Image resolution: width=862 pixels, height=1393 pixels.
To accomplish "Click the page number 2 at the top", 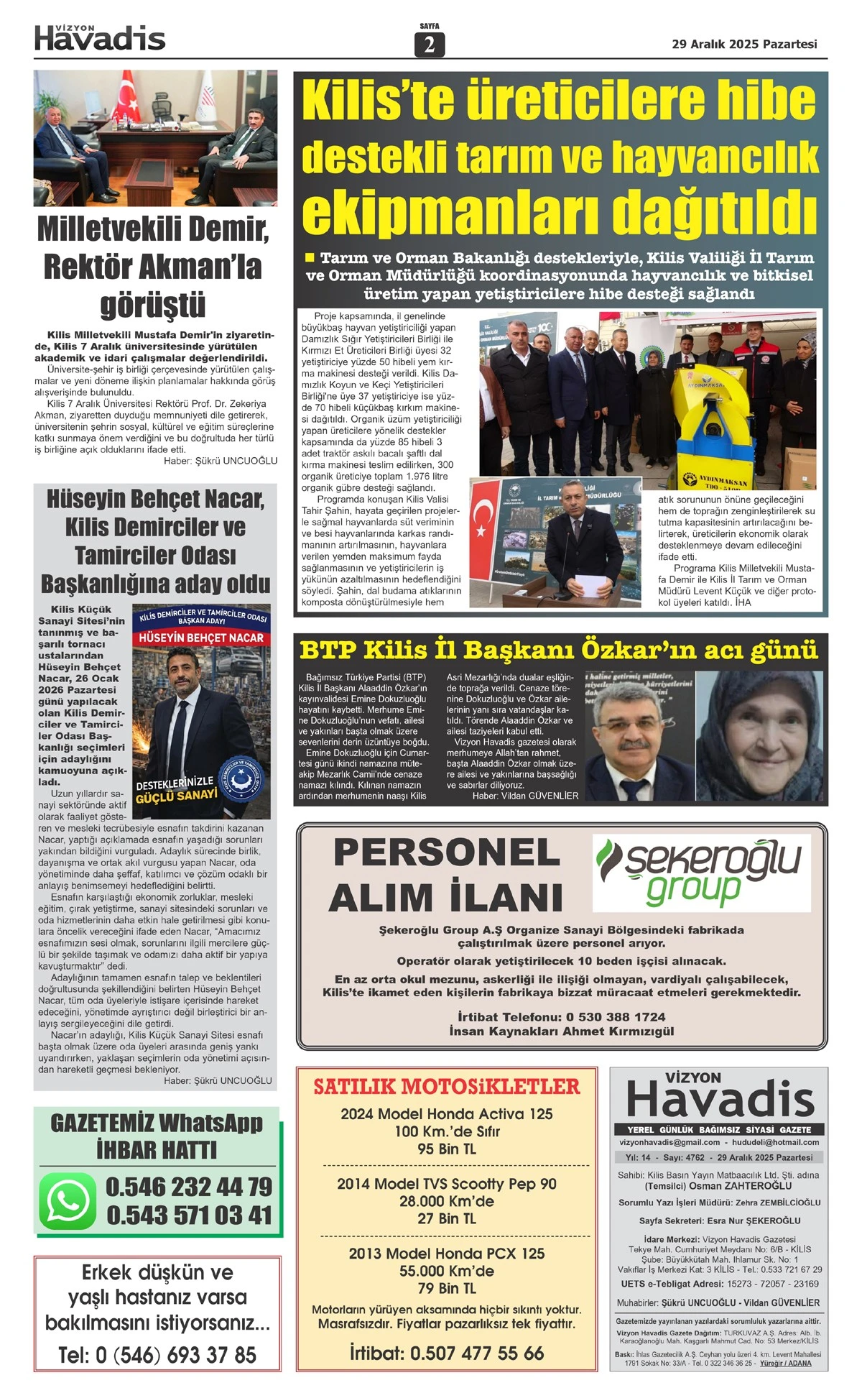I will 430,45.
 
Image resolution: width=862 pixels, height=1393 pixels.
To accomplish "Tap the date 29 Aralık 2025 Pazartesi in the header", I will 744,44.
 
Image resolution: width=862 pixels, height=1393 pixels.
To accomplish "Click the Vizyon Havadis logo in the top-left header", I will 100,38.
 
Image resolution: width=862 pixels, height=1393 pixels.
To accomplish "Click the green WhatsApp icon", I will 68,1201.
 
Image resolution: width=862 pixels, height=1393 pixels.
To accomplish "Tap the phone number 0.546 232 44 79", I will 189,1187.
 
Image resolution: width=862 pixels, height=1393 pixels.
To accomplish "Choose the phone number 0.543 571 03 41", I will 189,1215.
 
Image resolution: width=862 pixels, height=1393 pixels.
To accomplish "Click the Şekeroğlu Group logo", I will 700,872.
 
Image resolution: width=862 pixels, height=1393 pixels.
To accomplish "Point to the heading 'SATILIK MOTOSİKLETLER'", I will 446,1087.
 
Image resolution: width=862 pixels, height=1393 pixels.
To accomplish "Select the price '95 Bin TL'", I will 446,1149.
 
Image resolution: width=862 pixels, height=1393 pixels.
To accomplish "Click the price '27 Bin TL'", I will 446,1219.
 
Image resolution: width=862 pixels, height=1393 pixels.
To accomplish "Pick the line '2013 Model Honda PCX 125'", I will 446,1254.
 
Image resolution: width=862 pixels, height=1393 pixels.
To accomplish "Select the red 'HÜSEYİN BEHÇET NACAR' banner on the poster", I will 201,638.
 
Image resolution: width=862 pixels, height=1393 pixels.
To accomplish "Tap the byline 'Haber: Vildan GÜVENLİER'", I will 525,796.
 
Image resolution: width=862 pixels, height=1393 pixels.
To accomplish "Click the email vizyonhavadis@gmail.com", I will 669,1142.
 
